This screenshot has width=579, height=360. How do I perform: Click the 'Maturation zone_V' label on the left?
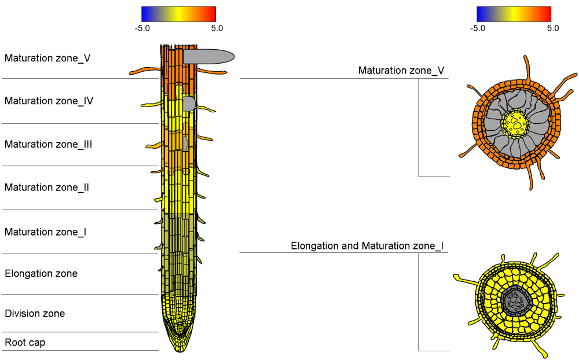pos(47,58)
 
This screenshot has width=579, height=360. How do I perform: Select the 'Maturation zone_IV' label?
pos(49,101)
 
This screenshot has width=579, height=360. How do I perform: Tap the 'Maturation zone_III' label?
pos(49,144)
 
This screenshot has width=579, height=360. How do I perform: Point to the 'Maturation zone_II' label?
pos(47,188)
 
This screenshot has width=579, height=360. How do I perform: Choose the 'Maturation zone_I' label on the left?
pos(46,232)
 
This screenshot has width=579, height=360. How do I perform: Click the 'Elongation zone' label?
pos(41,273)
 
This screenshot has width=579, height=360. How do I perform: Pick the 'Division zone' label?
pos(35,314)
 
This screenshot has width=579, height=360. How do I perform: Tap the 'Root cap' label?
pos(25,343)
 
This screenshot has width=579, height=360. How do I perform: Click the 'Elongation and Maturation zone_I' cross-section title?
pos(367,246)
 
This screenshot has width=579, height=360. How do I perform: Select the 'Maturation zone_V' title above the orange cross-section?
pos(401,71)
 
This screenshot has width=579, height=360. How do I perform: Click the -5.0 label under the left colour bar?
pos(142,28)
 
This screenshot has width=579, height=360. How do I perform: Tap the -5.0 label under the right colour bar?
pos(478,28)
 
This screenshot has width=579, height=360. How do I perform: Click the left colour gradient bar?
pos(178,14)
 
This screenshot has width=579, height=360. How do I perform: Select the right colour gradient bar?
pos(514,14)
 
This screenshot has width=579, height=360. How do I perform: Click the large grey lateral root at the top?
pos(208,56)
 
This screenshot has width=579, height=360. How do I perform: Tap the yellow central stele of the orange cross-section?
pos(515,123)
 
